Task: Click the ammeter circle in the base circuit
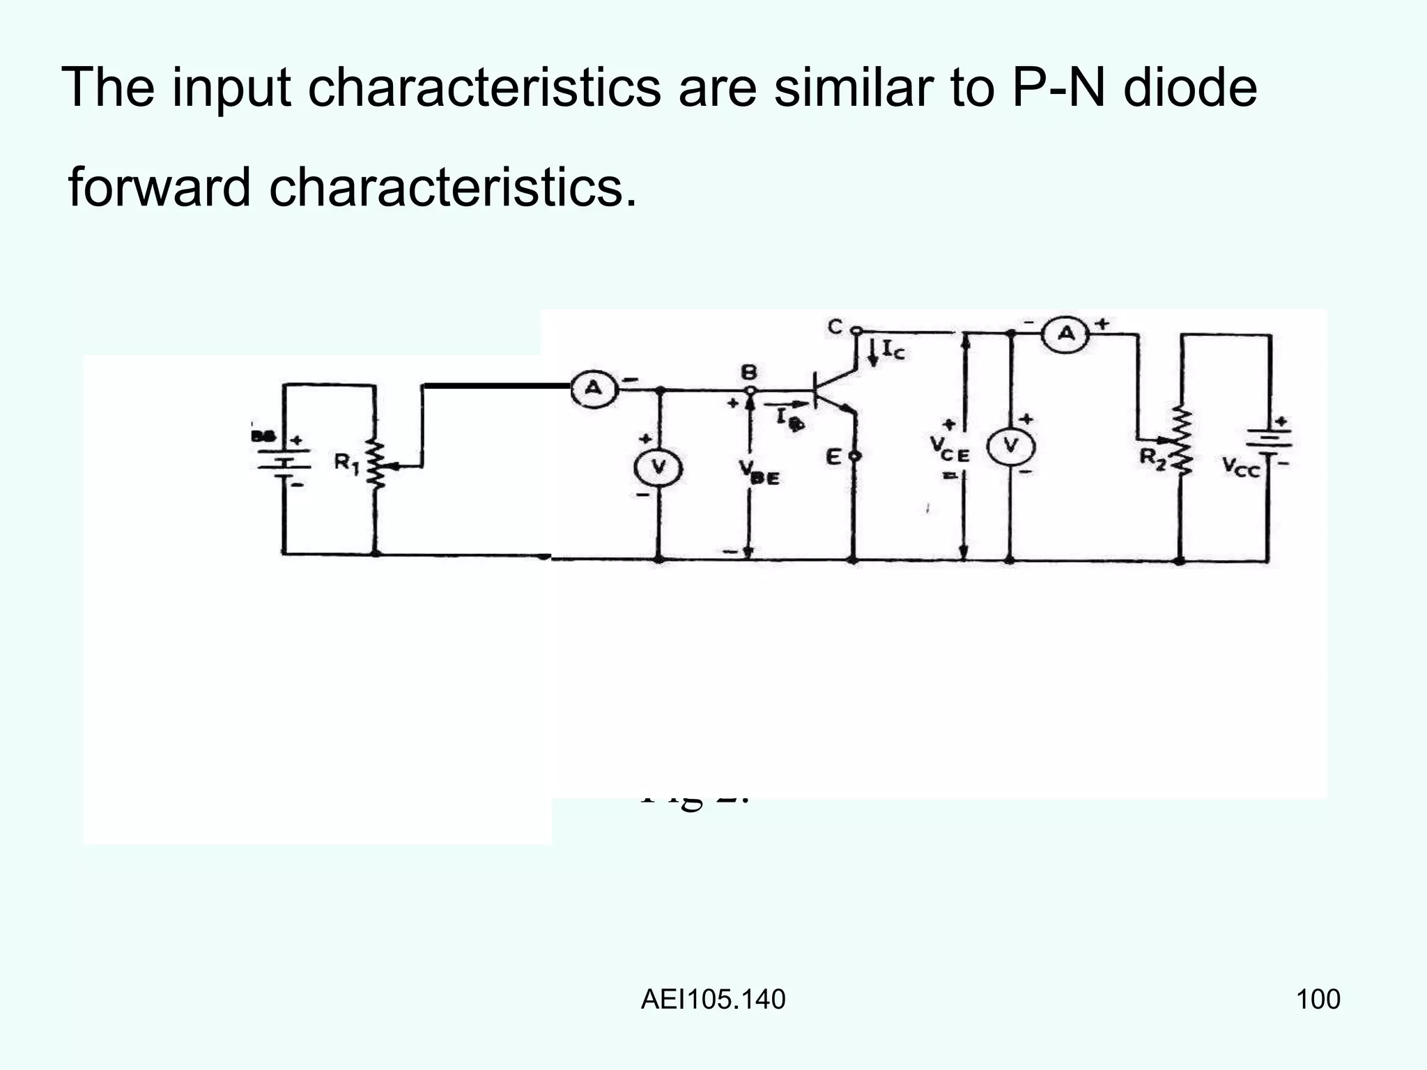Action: point(593,389)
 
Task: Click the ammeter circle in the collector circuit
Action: point(1065,334)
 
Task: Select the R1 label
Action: point(346,463)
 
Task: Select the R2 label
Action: point(1152,458)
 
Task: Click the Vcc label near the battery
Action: point(1241,467)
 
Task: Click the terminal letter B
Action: point(748,372)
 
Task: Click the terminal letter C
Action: point(835,326)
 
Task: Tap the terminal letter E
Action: point(833,458)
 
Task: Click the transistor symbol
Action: point(833,394)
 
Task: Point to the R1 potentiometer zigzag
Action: point(376,464)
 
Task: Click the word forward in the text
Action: point(159,188)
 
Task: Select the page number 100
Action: point(1318,1000)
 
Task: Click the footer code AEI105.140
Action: point(713,1000)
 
